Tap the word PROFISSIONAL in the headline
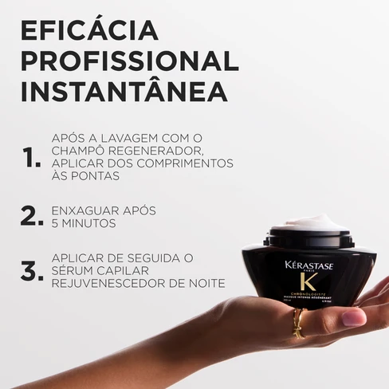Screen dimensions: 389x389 (x=129, y=61)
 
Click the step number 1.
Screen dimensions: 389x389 (x=31, y=158)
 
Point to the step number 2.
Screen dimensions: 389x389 (x=30, y=216)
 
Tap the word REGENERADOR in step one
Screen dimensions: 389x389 (x=159, y=151)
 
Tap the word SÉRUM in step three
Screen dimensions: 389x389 (x=76, y=270)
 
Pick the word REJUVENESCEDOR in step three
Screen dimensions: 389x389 (x=111, y=283)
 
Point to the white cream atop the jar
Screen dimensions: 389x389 (x=309, y=222)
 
